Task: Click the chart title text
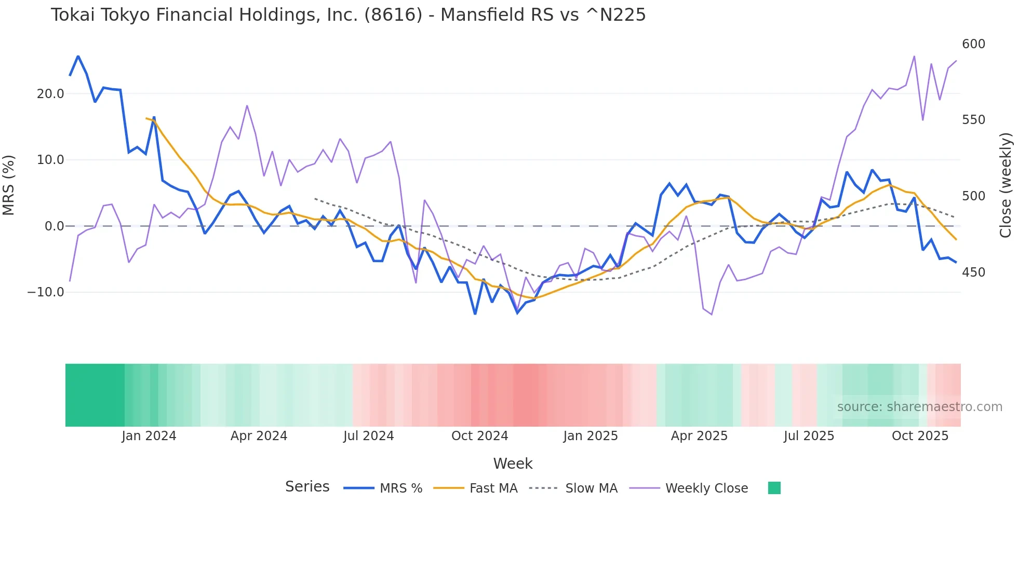348,15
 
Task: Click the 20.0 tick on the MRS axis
50,94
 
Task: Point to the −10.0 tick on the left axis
46,292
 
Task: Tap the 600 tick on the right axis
973,44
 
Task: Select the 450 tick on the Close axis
973,273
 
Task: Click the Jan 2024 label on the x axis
149,436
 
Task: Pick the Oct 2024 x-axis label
479,436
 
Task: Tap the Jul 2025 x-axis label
809,436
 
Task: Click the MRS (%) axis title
9,185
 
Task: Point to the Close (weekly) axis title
1006,185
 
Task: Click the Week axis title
513,464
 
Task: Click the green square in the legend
774,488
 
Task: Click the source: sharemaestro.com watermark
919,407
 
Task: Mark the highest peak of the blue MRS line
78,56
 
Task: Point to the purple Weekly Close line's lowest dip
712,315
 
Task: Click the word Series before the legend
307,487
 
